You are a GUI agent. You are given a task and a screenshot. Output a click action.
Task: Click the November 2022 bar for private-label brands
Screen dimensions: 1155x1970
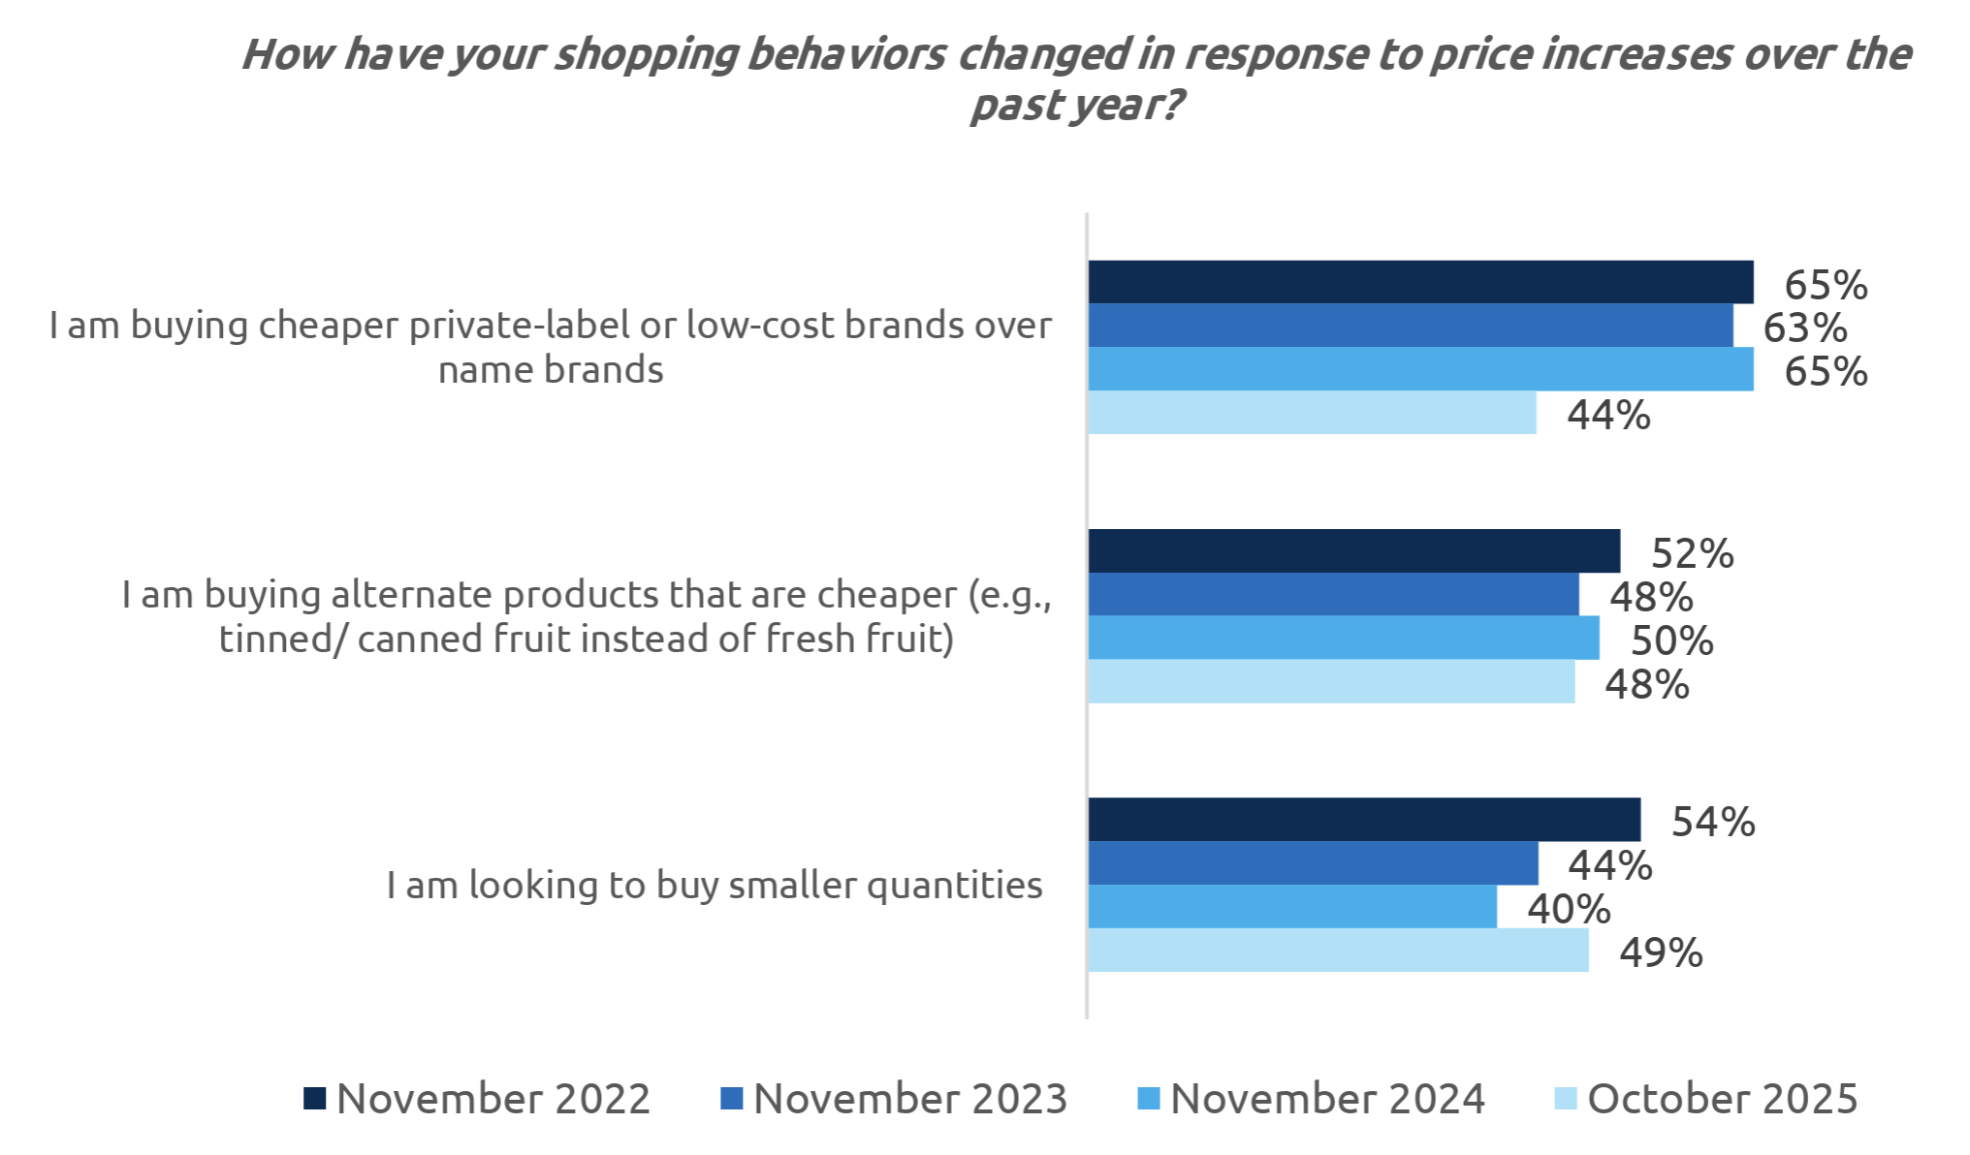tap(1420, 282)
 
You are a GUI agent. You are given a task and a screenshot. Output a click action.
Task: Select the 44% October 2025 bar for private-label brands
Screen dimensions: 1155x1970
tap(1312, 413)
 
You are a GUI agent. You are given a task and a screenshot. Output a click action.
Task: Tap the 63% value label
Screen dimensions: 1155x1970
tap(1804, 328)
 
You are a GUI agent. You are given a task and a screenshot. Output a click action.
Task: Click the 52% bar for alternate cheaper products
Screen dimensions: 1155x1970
tap(1353, 550)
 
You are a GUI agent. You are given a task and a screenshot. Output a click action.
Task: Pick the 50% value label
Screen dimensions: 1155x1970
tap(1671, 641)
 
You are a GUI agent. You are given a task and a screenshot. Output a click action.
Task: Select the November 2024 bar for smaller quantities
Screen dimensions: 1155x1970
tap(1292, 907)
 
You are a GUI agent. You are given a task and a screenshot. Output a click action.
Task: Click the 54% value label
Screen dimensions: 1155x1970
tap(1712, 823)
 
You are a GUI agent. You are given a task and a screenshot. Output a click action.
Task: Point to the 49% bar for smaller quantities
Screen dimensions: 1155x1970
tap(1338, 951)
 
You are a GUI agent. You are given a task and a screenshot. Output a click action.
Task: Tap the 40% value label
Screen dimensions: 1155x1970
tap(1568, 910)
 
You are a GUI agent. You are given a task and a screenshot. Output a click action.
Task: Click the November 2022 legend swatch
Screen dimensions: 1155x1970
tap(314, 1099)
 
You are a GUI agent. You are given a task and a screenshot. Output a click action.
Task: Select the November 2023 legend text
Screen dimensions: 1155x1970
tap(909, 1099)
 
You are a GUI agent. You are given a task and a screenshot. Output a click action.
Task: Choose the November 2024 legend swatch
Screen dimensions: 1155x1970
tap(1148, 1099)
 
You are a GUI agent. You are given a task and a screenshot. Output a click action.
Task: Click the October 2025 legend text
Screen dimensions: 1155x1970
tap(1722, 1099)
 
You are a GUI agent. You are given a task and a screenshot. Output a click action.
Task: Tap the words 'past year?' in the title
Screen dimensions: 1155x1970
tap(1076, 105)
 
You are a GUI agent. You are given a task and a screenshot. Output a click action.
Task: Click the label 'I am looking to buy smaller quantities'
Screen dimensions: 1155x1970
tap(715, 885)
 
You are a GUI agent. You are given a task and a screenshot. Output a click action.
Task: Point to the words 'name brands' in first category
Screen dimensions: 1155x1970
tap(551, 370)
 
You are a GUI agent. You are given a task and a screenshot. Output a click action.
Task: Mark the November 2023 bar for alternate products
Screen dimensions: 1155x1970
tap(1333, 594)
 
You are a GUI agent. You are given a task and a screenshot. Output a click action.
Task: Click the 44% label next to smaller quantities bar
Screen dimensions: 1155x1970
tap(1609, 866)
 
